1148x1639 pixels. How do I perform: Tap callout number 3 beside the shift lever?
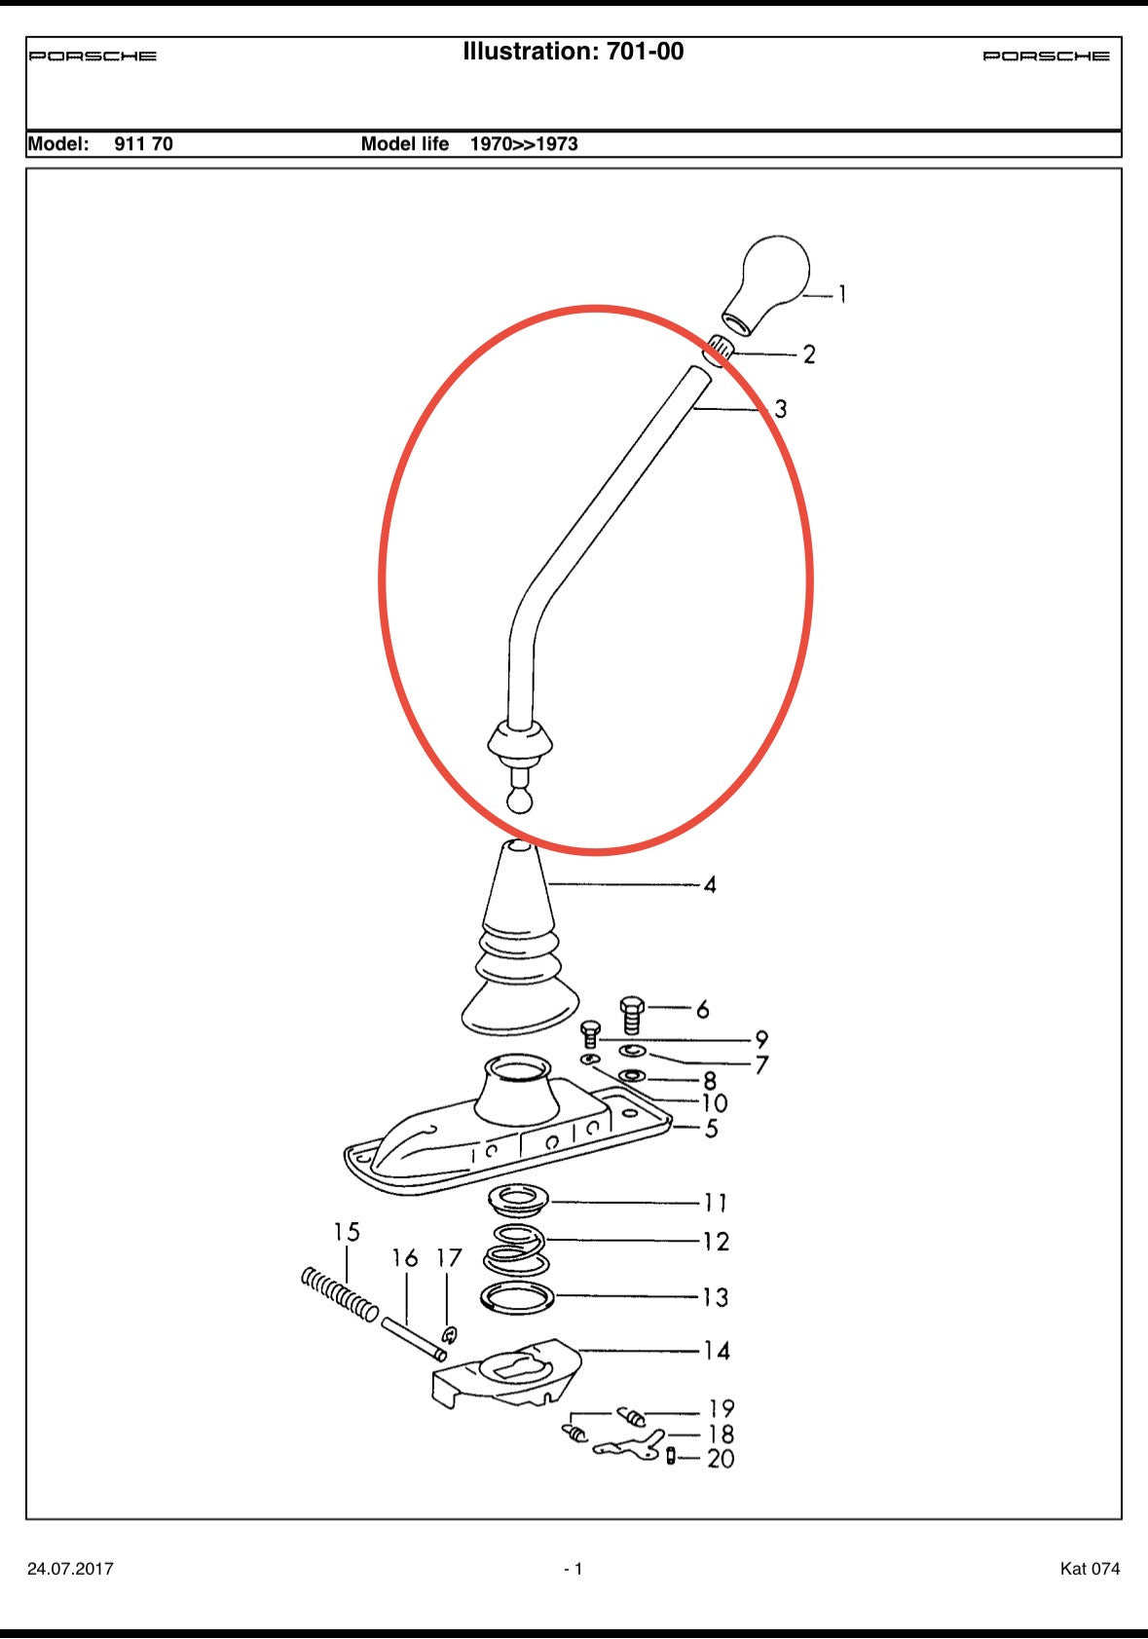click(x=780, y=409)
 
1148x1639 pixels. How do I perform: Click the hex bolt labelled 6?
click(x=632, y=1014)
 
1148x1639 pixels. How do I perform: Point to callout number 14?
click(x=717, y=1351)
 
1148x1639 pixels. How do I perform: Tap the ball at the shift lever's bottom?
click(x=520, y=801)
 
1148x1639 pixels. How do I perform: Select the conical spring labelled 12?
click(x=516, y=1248)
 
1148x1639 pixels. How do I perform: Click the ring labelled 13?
click(x=517, y=1297)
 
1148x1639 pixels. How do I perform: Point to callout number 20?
click(x=721, y=1459)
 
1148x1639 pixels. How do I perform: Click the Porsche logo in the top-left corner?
click(x=93, y=56)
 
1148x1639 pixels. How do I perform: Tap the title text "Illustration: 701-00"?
click(x=573, y=52)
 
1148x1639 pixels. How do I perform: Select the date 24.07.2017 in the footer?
click(x=70, y=1569)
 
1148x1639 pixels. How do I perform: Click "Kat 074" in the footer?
click(x=1090, y=1569)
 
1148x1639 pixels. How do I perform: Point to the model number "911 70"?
click(x=143, y=144)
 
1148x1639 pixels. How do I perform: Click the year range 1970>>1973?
click(x=524, y=144)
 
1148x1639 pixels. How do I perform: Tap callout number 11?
click(x=716, y=1203)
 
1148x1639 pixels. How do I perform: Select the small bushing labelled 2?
click(x=719, y=347)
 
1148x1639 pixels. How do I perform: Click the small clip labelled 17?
click(x=449, y=1334)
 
